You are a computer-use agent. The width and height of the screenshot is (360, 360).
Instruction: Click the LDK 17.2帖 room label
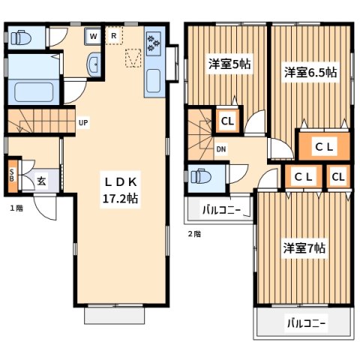[x=119, y=190]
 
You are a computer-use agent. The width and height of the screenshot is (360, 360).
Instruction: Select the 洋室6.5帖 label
[x=309, y=73]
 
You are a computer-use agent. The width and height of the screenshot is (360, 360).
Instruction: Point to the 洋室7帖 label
[x=304, y=247]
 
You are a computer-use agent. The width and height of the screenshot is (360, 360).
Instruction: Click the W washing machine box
[x=93, y=35]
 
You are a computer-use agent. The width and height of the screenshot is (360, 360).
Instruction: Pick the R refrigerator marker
[x=113, y=35]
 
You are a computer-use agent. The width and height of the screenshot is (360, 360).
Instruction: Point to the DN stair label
[x=221, y=149]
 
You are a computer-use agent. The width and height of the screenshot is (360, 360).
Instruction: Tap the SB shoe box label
[x=11, y=175]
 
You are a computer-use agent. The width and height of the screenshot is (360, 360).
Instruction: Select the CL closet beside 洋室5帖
[x=226, y=120]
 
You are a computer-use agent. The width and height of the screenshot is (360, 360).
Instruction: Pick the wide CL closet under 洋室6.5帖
[x=323, y=146]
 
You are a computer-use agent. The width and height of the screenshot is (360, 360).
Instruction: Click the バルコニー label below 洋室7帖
[x=305, y=324]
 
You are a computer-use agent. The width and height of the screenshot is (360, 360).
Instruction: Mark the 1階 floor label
[x=16, y=208]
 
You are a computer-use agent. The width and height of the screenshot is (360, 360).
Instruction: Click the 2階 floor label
[x=193, y=234]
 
